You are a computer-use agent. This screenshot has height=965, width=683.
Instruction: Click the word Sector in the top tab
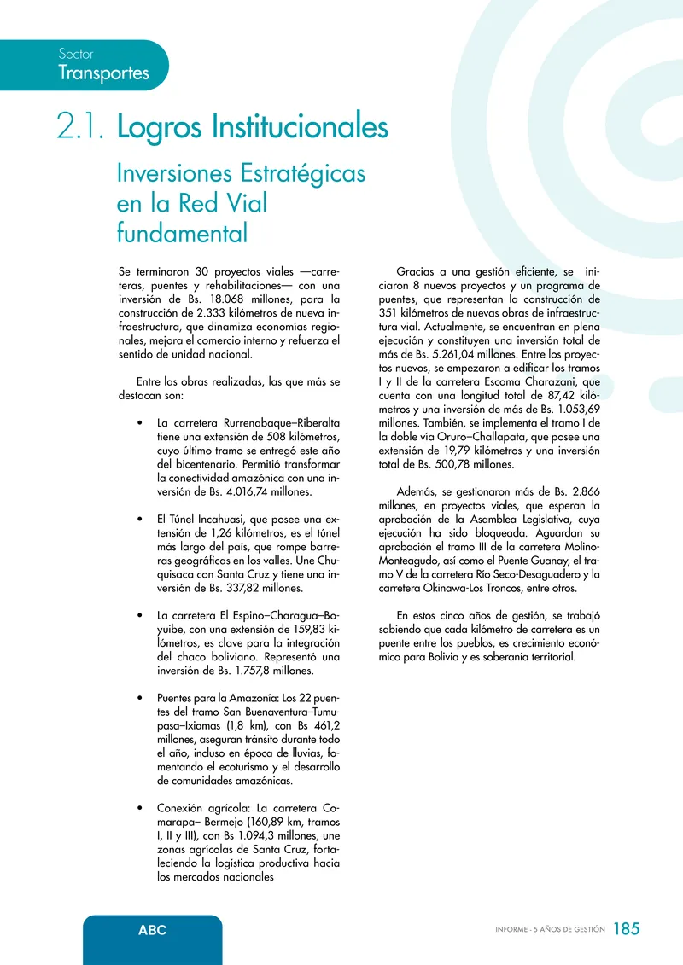click(76, 54)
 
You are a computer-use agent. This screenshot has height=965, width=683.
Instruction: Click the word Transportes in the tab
click(103, 73)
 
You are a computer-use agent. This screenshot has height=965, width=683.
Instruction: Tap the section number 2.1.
click(81, 128)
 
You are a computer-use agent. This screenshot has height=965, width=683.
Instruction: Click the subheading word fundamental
click(182, 231)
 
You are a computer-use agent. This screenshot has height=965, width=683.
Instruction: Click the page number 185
click(626, 929)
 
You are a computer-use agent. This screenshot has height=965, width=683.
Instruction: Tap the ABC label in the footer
click(153, 929)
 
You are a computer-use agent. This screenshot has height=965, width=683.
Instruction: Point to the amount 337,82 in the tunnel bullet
click(233, 588)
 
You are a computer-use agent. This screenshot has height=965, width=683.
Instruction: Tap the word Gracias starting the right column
click(417, 271)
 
